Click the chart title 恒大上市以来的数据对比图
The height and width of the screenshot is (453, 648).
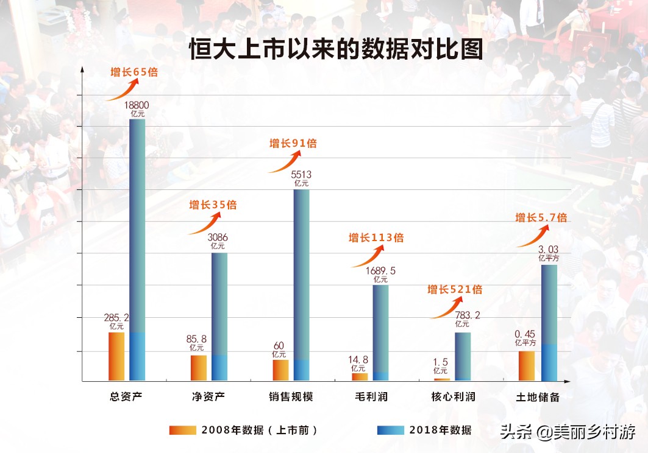tap(336, 49)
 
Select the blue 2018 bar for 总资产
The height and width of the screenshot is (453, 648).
tap(137, 244)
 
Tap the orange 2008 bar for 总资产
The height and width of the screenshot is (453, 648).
tap(116, 357)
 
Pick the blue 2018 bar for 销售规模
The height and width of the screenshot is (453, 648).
tap(302, 280)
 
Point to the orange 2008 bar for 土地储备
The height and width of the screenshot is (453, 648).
tap(526, 366)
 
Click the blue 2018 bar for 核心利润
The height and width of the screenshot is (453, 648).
tap(463, 356)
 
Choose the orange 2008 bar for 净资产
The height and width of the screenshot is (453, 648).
tap(198, 368)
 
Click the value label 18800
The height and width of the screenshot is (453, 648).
tap(137, 105)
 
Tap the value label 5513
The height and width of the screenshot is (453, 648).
tap(301, 175)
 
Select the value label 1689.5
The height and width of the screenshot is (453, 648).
tap(380, 271)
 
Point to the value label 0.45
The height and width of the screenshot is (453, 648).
tap(525, 334)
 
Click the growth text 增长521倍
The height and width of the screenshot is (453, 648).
tap(455, 289)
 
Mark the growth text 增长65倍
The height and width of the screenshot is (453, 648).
tap(134, 72)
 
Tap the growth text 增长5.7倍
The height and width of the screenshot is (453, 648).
tap(541, 217)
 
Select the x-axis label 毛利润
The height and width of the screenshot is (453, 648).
tap(371, 397)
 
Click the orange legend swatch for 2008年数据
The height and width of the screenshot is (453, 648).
tap(183, 430)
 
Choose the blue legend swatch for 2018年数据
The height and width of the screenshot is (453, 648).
tap(390, 430)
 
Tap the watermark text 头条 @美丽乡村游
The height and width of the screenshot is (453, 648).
tap(568, 432)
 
